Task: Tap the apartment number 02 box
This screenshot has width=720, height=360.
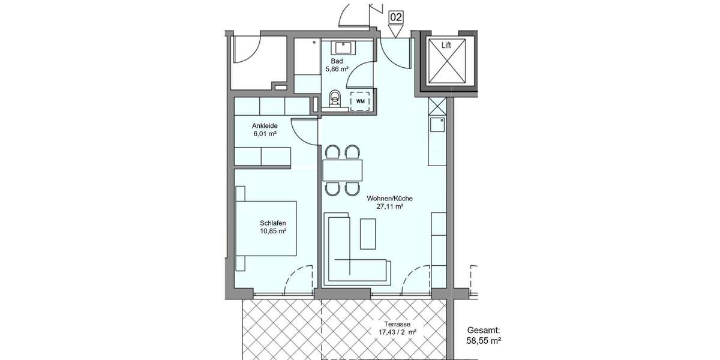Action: click(x=395, y=17)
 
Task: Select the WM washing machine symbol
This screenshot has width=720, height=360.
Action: click(x=360, y=101)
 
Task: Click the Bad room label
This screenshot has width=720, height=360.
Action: click(x=337, y=61)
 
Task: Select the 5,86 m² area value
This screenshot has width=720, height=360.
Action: click(x=337, y=69)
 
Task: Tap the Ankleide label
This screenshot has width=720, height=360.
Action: click(x=265, y=125)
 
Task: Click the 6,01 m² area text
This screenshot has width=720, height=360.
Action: click(x=265, y=134)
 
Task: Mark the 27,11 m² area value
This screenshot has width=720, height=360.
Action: click(x=389, y=207)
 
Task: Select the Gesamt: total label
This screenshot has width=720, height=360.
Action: click(x=484, y=330)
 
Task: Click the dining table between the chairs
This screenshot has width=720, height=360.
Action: click(x=343, y=170)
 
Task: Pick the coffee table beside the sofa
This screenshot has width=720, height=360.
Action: click(x=368, y=233)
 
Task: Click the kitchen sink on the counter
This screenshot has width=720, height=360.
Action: click(x=436, y=124)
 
